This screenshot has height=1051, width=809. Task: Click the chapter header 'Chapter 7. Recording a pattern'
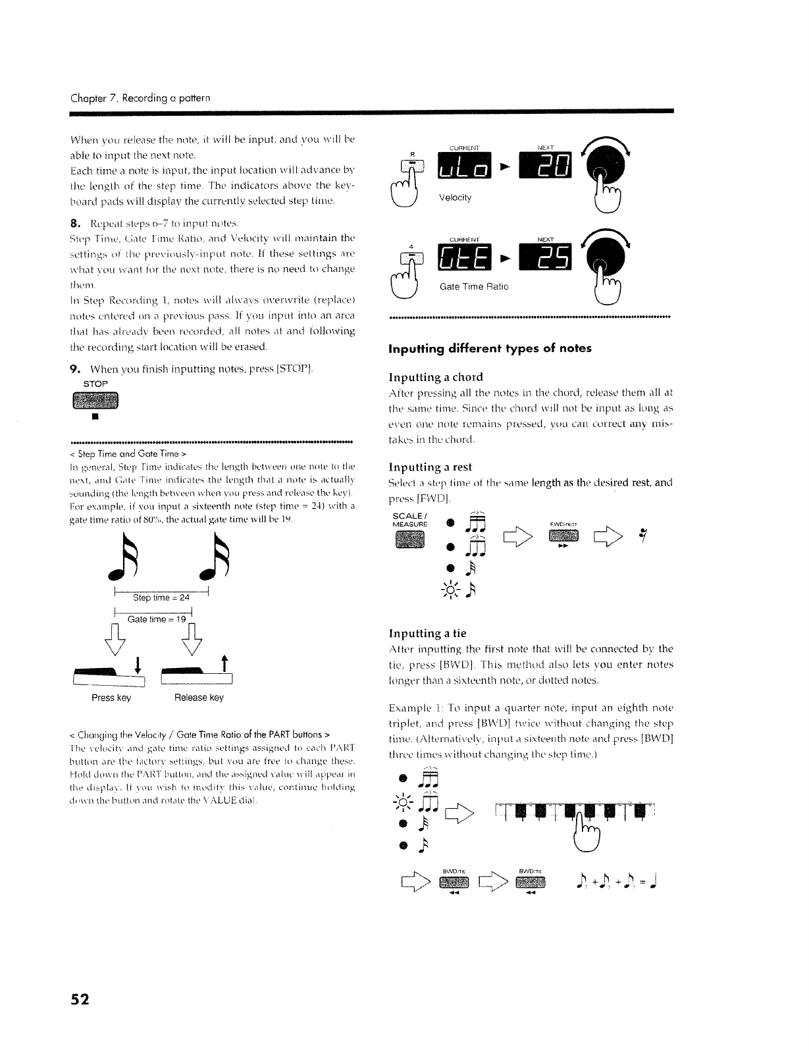tap(140, 98)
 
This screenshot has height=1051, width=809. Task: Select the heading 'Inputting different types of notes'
tap(490, 348)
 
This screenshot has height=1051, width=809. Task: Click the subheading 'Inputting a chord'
tap(436, 377)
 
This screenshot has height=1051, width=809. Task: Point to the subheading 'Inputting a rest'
tap(431, 467)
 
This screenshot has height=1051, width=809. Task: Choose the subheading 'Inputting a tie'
tap(427, 633)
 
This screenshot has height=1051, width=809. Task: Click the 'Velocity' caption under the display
tap(455, 197)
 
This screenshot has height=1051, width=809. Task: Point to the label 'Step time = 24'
tap(161, 598)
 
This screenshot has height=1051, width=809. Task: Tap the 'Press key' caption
tap(111, 698)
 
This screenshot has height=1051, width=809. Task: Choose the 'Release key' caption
tap(199, 698)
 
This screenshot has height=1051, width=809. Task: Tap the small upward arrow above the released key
tap(224, 661)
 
